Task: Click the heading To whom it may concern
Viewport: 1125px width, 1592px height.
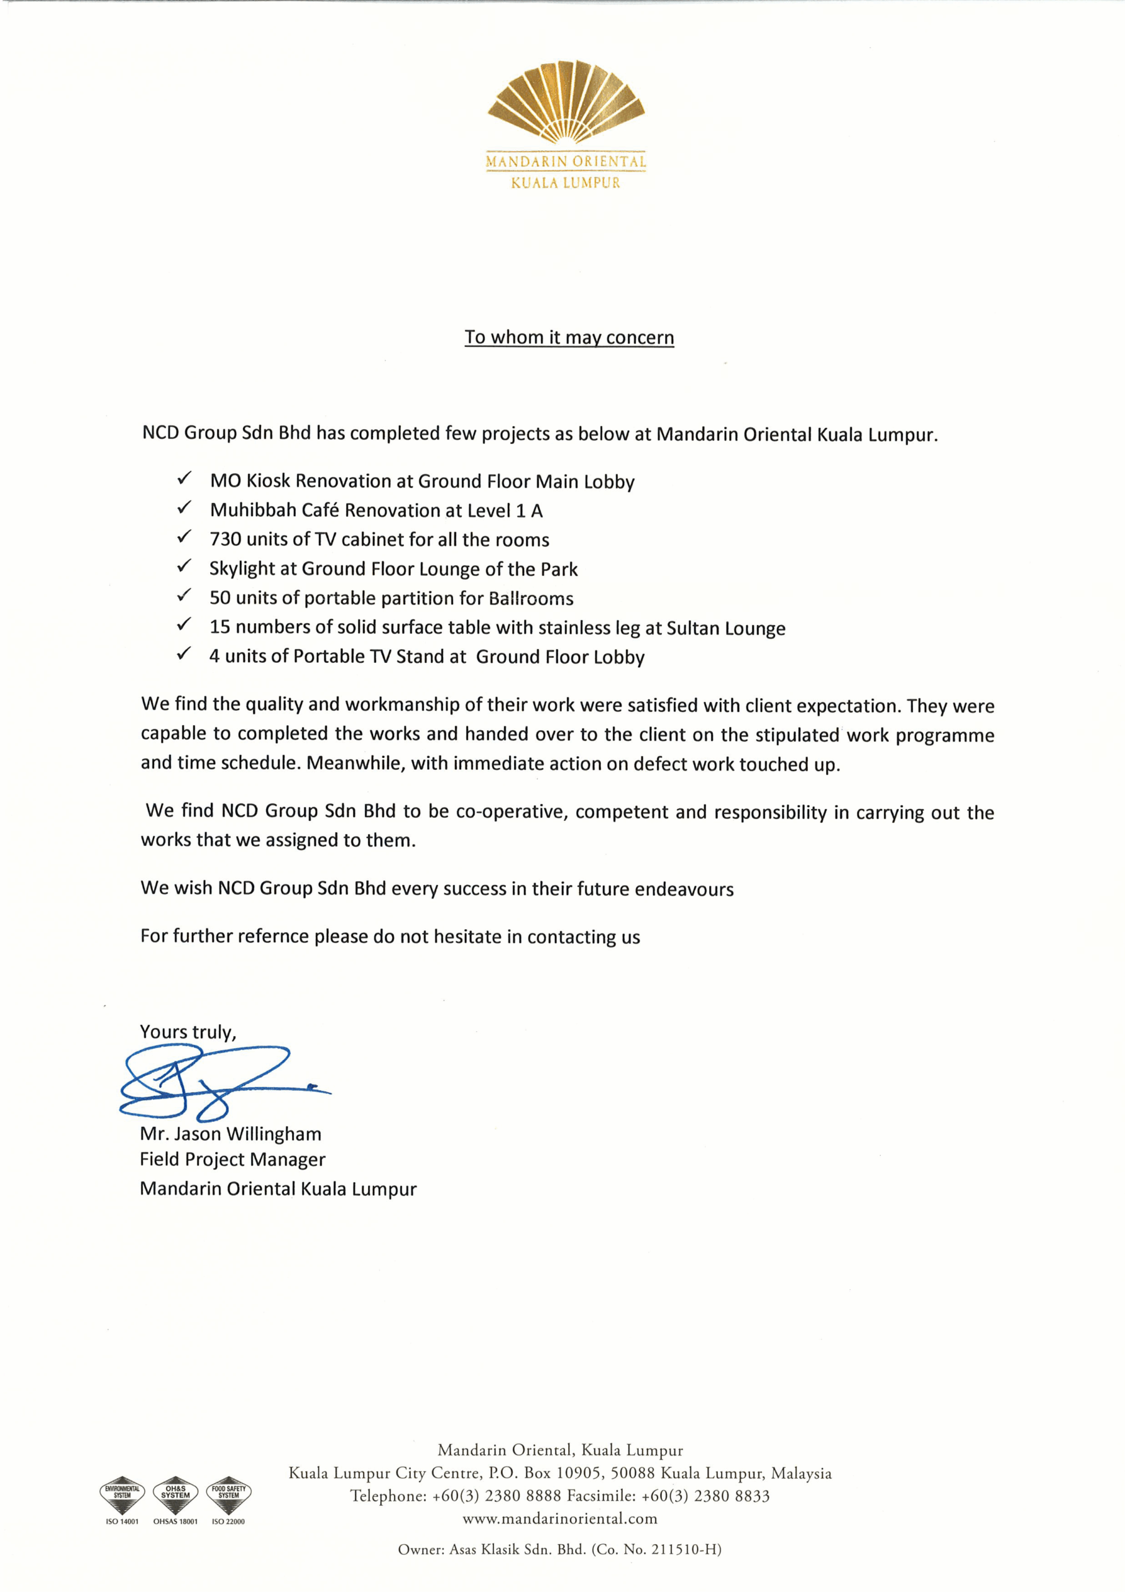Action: click(x=569, y=338)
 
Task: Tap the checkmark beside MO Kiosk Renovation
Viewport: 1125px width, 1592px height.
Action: click(x=185, y=479)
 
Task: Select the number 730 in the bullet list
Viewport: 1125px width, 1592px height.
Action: click(x=225, y=539)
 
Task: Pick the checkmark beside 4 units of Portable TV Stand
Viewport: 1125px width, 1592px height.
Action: click(x=185, y=654)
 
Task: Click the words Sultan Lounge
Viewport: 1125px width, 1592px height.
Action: click(x=726, y=628)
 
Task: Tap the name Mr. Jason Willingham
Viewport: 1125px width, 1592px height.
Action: click(x=230, y=1134)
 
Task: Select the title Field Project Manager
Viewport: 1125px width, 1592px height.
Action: click(x=232, y=1159)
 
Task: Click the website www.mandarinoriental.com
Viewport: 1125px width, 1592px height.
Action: click(x=560, y=1519)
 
